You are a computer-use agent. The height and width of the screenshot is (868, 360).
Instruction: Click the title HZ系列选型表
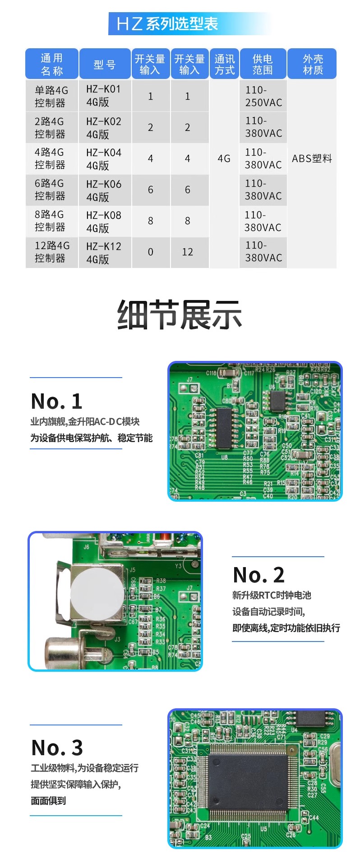click(167, 24)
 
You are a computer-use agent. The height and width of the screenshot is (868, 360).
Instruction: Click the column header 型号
click(105, 65)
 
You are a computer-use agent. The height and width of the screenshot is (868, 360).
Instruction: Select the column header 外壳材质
click(313, 65)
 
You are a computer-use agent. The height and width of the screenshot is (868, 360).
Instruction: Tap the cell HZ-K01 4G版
click(104, 96)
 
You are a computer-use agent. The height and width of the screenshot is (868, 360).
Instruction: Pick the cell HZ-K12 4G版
click(104, 253)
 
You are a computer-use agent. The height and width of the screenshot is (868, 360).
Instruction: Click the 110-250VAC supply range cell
click(263, 96)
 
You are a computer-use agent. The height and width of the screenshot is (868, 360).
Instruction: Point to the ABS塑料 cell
click(312, 159)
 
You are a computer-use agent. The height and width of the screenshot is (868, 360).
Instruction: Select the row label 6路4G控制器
click(51, 189)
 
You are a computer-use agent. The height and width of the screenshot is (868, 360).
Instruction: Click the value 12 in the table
click(188, 252)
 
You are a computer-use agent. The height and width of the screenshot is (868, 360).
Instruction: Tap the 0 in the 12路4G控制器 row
click(151, 252)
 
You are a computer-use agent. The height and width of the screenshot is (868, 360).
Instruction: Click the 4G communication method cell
click(224, 159)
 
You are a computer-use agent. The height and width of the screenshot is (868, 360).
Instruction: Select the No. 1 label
click(57, 401)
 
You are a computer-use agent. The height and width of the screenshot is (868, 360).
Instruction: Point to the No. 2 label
click(258, 575)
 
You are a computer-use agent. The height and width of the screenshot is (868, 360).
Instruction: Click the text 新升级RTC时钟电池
click(272, 596)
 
